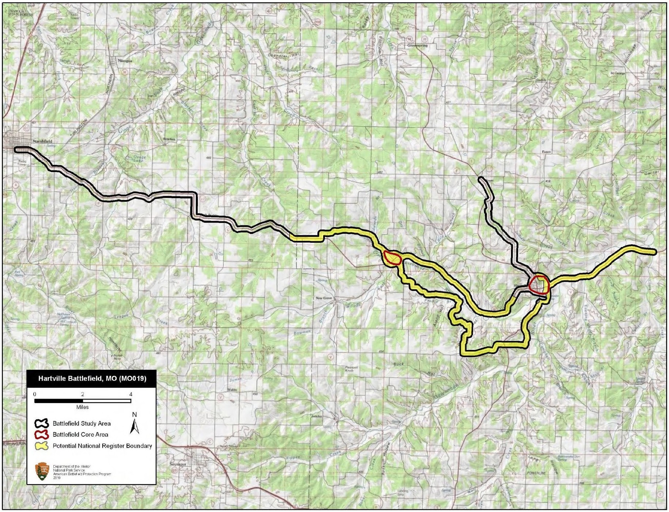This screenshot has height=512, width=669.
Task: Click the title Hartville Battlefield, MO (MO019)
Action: click(x=92, y=379)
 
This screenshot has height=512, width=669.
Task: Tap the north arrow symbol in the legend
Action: click(x=135, y=425)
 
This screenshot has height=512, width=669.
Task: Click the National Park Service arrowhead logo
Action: click(x=42, y=471)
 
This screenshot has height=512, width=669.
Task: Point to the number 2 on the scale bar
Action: click(x=83, y=394)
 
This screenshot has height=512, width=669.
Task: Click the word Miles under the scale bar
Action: click(x=82, y=407)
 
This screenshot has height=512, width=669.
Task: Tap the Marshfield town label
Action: click(x=42, y=141)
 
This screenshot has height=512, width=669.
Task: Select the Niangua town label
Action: click(x=125, y=61)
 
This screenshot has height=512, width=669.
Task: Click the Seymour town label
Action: click(x=178, y=464)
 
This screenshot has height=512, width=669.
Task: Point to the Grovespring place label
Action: click(x=417, y=45)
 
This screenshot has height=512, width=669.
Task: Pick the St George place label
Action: click(x=617, y=73)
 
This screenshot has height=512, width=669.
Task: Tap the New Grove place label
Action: click(x=324, y=298)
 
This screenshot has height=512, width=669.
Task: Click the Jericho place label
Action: click(x=317, y=416)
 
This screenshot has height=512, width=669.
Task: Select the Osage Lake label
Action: click(x=139, y=158)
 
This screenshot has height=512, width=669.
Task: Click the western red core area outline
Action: click(x=392, y=258)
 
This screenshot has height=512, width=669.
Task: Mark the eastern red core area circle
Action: click(x=539, y=285)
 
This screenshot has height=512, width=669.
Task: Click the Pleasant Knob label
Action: click(x=352, y=369)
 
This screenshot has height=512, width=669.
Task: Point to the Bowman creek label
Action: click(x=302, y=332)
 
